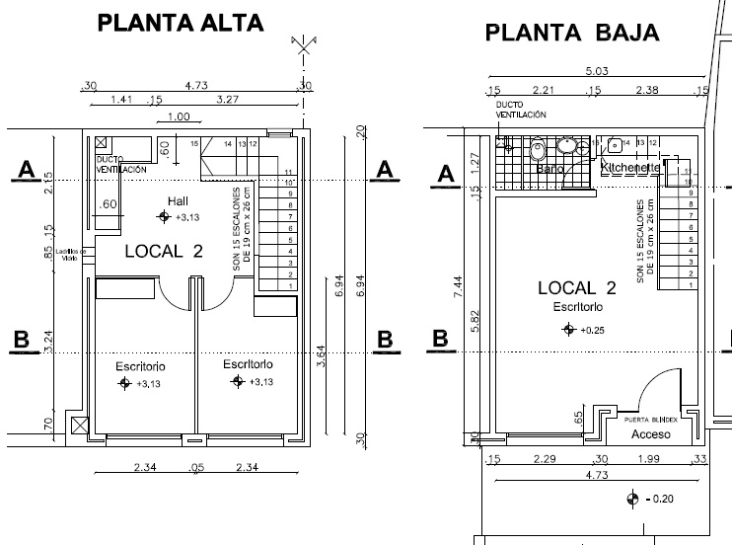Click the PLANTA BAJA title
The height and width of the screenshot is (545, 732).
click(x=572, y=34)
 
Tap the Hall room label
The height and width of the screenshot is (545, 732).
click(x=178, y=200)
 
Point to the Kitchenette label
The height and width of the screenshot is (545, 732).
click(x=631, y=169)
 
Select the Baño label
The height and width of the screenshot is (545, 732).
click(x=549, y=169)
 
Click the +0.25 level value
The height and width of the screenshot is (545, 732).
click(x=592, y=330)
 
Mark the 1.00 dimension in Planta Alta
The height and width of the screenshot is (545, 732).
click(x=179, y=117)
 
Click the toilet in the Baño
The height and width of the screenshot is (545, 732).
click(x=539, y=152)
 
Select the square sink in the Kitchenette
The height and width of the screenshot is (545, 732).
click(x=615, y=145)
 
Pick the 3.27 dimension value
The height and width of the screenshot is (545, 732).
click(x=227, y=99)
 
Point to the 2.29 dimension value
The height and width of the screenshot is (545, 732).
click(x=543, y=460)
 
